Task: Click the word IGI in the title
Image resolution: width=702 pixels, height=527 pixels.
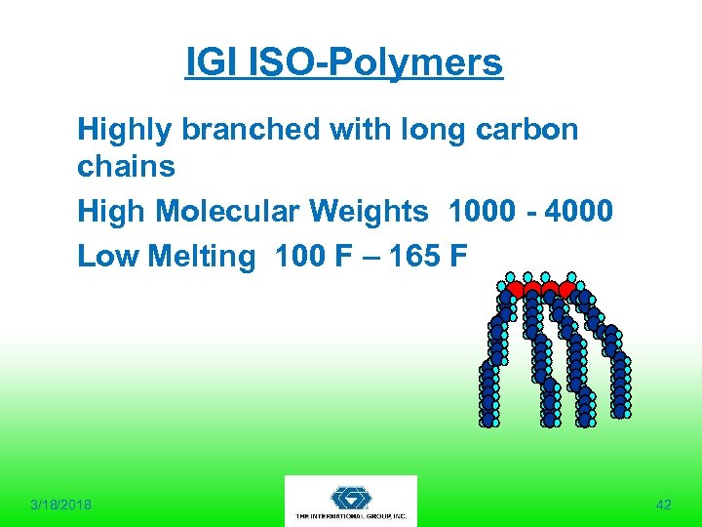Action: [x=206, y=63]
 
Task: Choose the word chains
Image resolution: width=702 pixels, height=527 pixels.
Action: [x=126, y=167]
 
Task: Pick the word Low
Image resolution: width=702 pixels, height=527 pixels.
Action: [x=108, y=256]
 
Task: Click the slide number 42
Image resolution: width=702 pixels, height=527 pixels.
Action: [x=664, y=505]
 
